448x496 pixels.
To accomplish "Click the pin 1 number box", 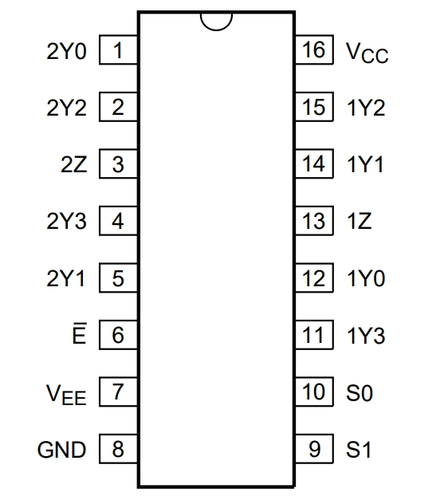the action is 118,49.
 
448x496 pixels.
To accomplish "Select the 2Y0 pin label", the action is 66,51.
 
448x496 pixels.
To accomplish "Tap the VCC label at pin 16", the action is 367,53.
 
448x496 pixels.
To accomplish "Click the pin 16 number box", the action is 314,49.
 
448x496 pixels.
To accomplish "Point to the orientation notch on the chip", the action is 217,26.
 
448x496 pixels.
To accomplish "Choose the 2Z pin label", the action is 73,164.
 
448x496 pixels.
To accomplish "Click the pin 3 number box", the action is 118,163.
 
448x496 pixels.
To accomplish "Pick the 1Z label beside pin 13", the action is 360,221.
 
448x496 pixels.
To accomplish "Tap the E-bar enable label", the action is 79,333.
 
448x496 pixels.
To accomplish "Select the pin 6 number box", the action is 118,335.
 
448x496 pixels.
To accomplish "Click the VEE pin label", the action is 66,395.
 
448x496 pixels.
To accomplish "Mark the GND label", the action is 61,450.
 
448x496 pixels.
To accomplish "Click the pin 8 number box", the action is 118,449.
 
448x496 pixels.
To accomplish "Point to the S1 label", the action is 359,450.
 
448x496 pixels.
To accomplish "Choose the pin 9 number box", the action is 314,449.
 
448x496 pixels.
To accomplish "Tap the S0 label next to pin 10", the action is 360,393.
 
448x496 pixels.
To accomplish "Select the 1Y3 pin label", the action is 366,336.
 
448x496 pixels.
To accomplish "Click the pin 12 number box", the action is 314,278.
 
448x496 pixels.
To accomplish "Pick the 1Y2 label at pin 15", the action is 366,108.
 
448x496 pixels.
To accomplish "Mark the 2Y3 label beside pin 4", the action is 66,221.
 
